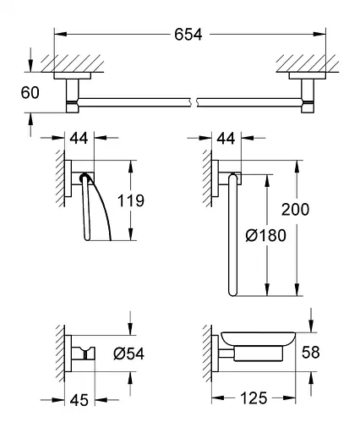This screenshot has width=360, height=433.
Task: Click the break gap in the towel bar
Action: [x=197, y=104]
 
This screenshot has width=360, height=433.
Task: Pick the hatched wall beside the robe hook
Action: [x=60, y=354]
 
